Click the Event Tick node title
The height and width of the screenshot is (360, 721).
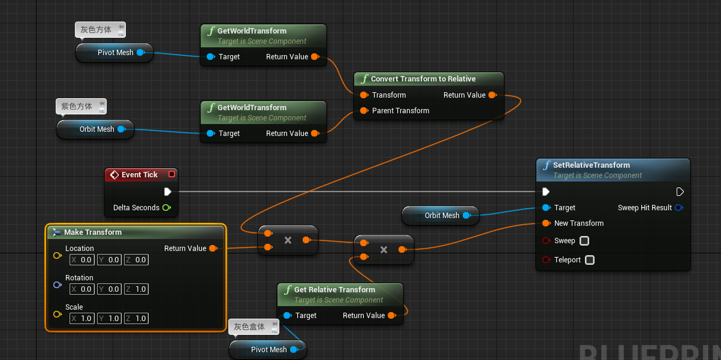click(139, 175)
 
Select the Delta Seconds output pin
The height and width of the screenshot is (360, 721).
click(167, 208)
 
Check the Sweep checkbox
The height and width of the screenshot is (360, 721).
click(584, 241)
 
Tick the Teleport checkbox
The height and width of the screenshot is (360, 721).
click(590, 260)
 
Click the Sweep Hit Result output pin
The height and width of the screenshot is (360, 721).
click(679, 208)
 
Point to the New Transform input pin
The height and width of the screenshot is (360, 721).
click(546, 223)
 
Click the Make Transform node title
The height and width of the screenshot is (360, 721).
click(93, 232)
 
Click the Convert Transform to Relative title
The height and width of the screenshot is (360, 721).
click(423, 79)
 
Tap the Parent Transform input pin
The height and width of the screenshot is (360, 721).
click(364, 111)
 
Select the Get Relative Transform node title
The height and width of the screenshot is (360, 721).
click(334, 290)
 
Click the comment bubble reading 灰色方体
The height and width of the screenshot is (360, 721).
click(96, 30)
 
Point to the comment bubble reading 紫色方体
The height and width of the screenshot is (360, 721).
click(77, 107)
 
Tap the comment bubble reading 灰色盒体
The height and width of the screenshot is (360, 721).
click(249, 327)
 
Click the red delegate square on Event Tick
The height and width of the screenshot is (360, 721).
click(172, 174)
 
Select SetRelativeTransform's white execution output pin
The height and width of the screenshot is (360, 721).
click(680, 192)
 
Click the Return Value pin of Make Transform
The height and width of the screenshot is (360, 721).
click(213, 249)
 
